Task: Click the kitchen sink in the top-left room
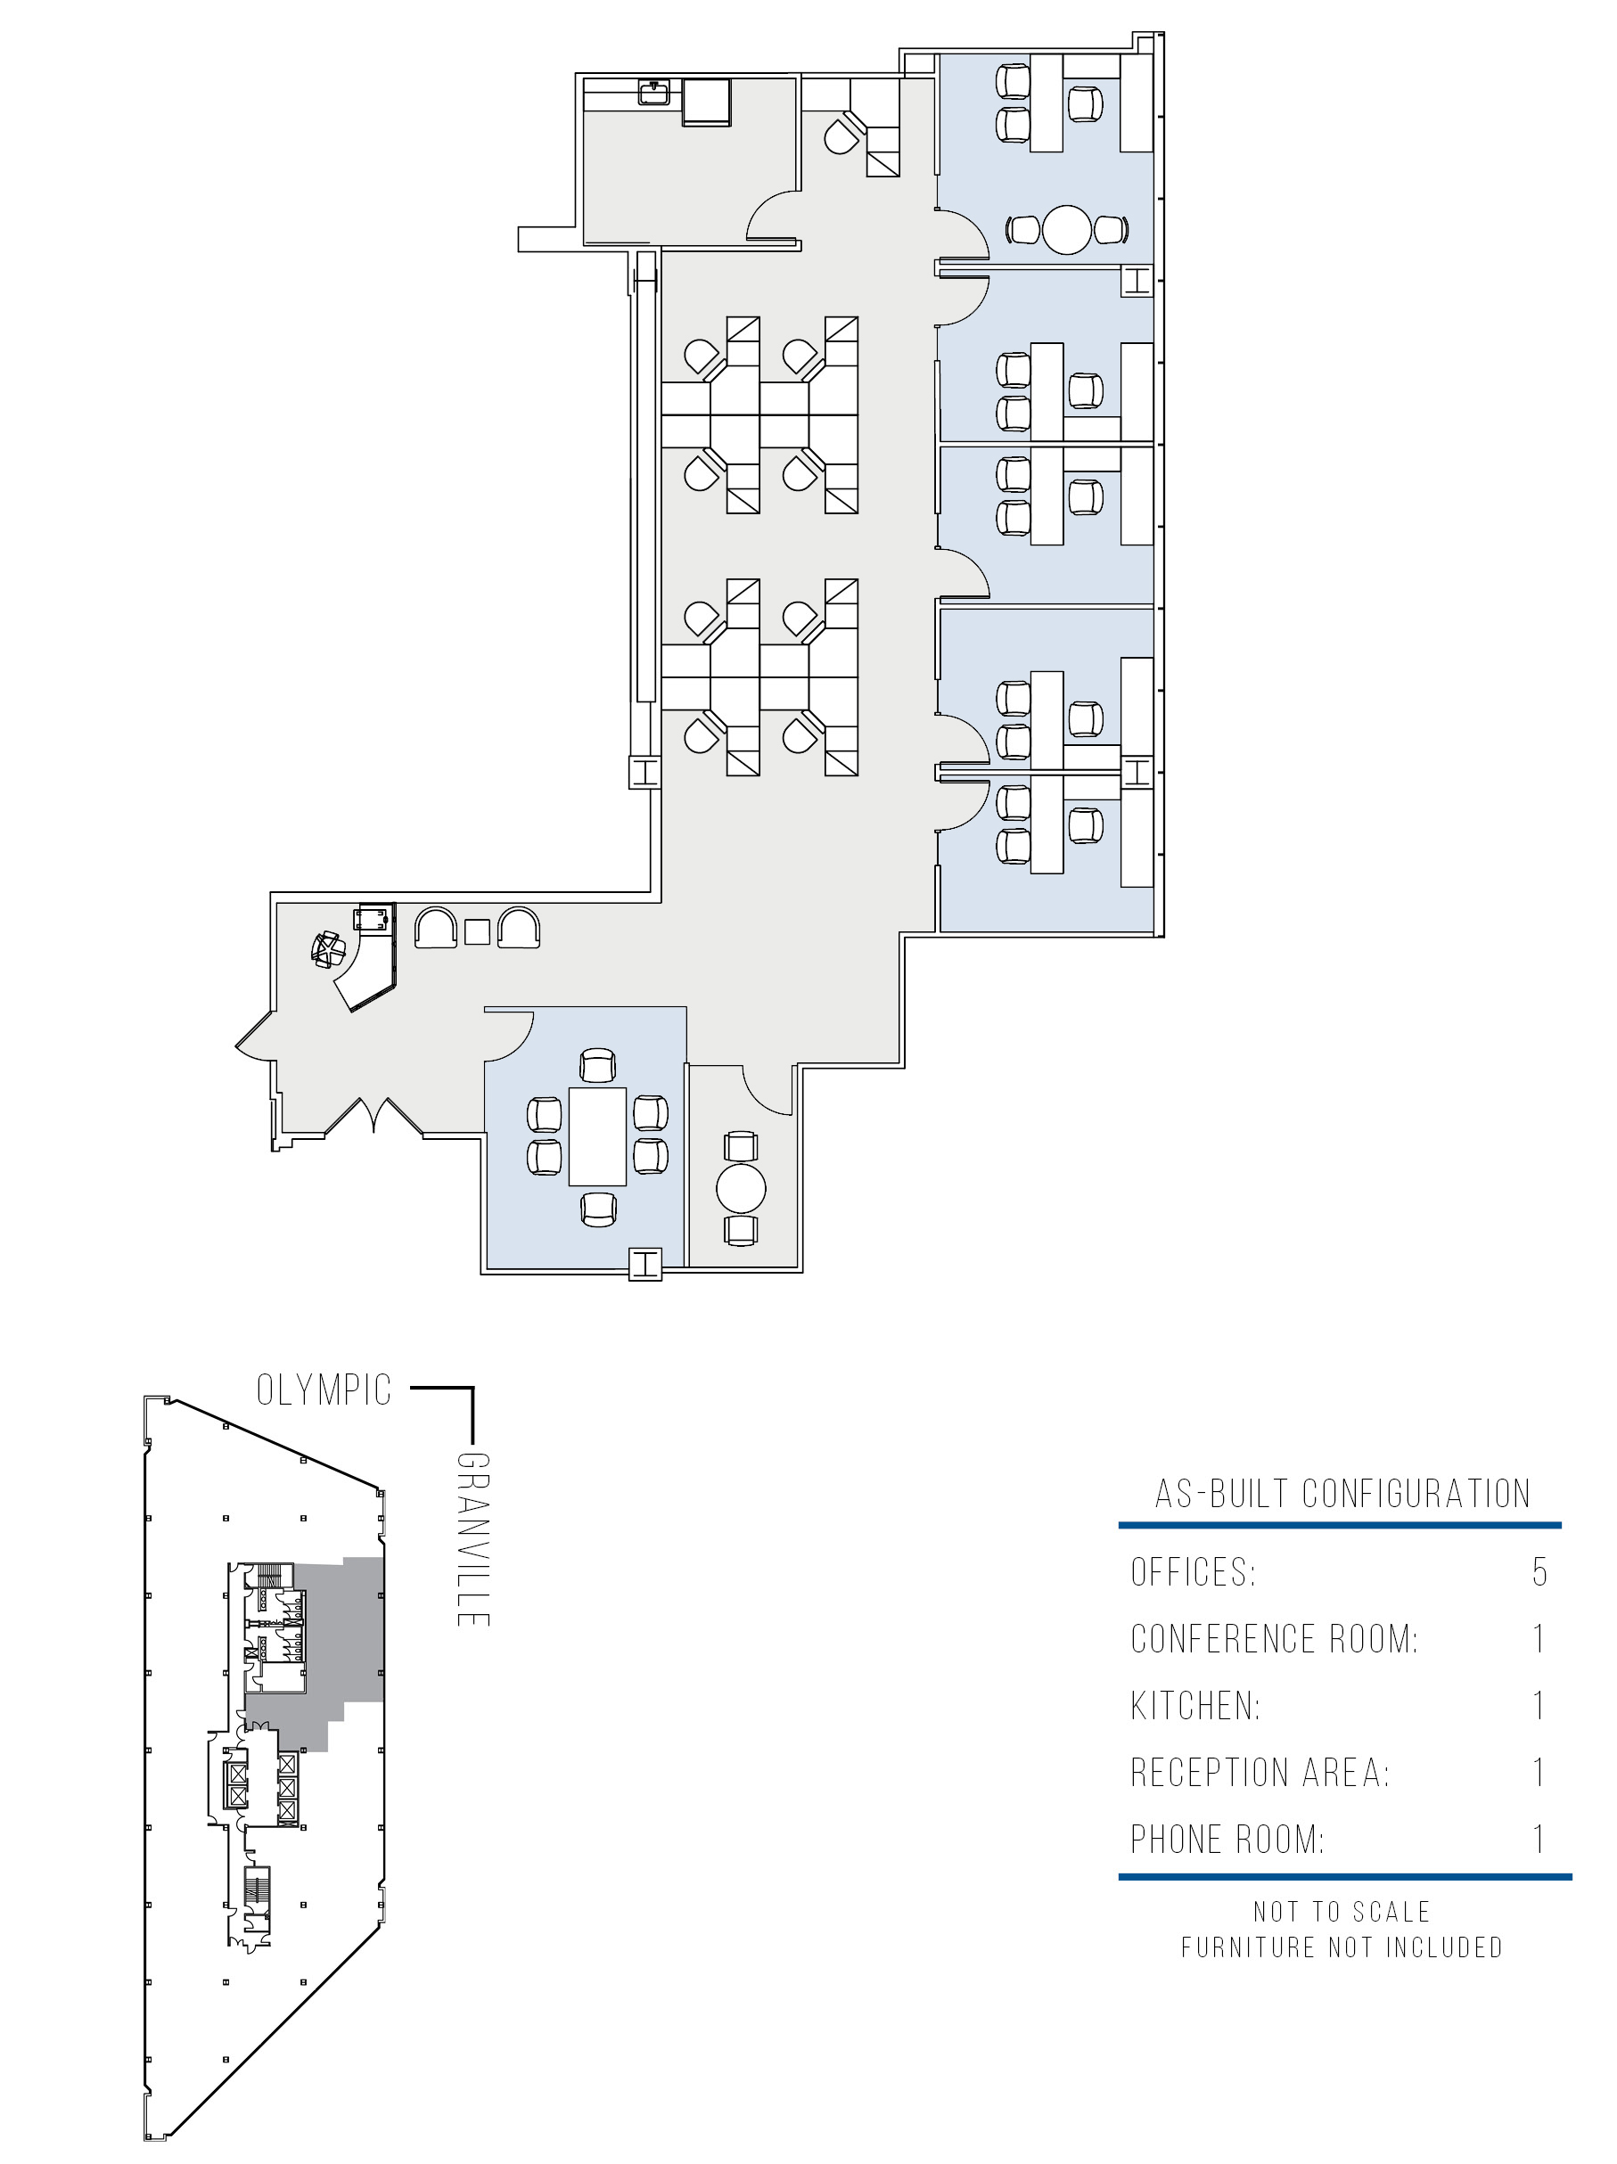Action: (653, 92)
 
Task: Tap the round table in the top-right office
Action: (1065, 229)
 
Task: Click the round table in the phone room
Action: (741, 1189)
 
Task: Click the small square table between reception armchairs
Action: (476, 930)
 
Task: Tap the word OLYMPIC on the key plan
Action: (324, 1390)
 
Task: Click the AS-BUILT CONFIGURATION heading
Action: (1342, 1494)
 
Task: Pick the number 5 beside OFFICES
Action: (1539, 1572)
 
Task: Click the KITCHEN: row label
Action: (1195, 1705)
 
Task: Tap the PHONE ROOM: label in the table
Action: (1227, 1840)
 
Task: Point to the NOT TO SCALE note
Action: (1342, 1912)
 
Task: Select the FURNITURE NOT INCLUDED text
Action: (1342, 1947)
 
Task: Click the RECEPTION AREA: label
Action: (1260, 1773)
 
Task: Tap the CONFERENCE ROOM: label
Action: (1274, 1639)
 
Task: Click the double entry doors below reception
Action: (373, 1114)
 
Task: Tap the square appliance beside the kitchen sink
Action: (706, 102)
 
